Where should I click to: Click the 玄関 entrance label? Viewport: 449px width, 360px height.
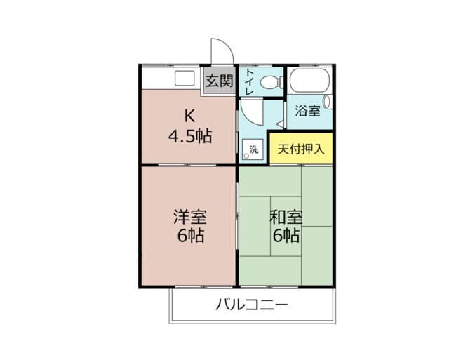pyautogui.click(x=219, y=81)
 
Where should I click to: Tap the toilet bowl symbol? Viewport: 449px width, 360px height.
pyautogui.click(x=269, y=83)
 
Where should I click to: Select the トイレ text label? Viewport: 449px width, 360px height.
pyautogui.click(x=249, y=81)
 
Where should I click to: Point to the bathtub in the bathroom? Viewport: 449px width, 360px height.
pyautogui.click(x=309, y=82)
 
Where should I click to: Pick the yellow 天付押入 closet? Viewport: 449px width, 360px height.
pyautogui.click(x=301, y=149)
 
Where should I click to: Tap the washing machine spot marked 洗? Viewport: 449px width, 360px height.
pyautogui.click(x=253, y=149)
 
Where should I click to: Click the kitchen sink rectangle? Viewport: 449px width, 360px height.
pyautogui.click(x=185, y=78)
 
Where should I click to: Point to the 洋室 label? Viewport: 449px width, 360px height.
pyautogui.click(x=189, y=216)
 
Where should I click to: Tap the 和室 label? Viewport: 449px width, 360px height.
pyautogui.click(x=286, y=216)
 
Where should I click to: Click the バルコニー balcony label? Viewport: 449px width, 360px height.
pyautogui.click(x=251, y=305)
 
